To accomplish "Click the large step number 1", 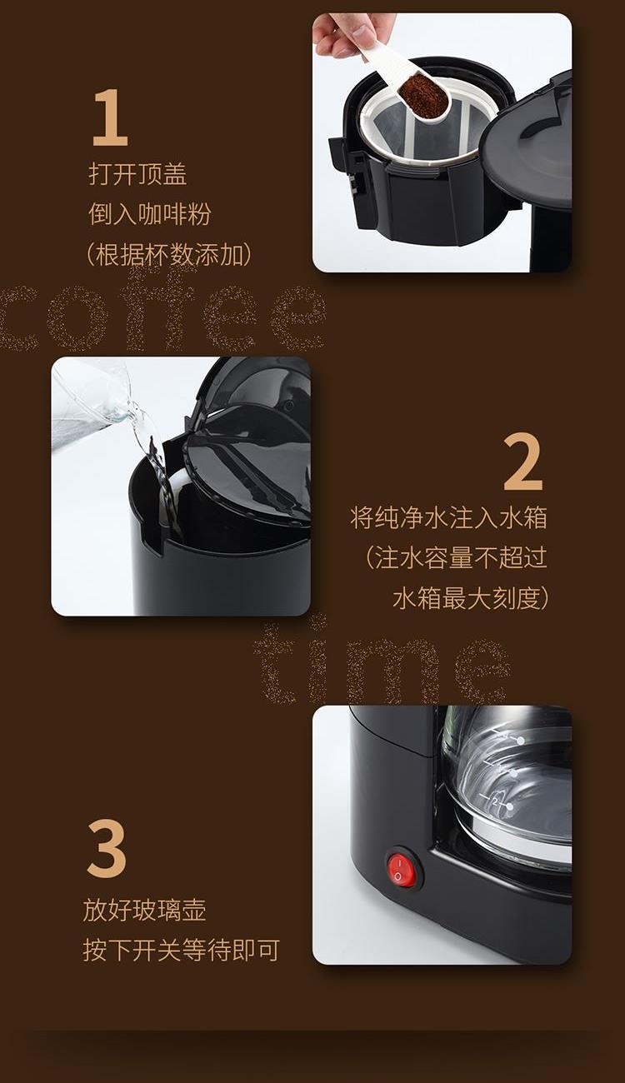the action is coord(111,117).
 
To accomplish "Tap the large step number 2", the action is coord(522,462).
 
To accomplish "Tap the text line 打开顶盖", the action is coord(137,174).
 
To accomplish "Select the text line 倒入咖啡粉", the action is coord(150,214).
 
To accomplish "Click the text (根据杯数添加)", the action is coord(170,254).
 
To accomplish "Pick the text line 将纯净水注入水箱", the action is coord(448,517).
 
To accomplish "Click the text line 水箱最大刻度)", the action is coord(471,598).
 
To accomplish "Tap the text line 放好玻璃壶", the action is coord(145,910).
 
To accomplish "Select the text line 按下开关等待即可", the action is coord(182,950).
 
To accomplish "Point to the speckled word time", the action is coord(382,665).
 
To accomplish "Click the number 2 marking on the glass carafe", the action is coord(494,801).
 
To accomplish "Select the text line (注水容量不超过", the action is coord(456,557).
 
